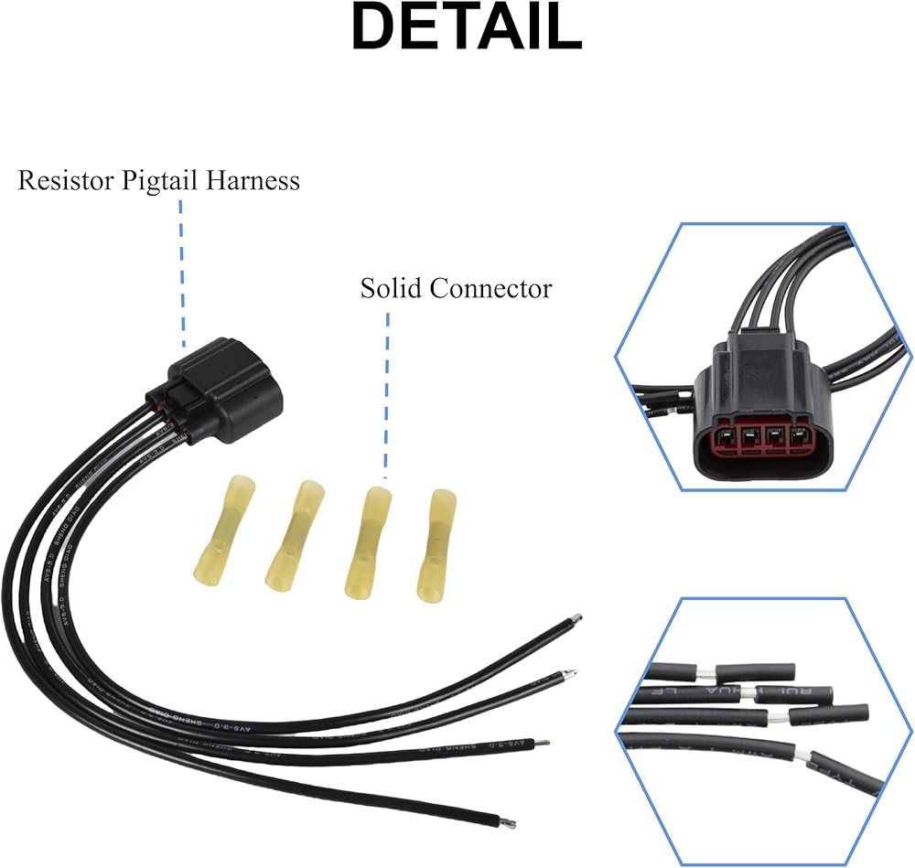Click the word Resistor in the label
(66, 181)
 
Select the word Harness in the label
(253, 180)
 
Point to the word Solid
(392, 289)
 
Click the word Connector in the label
(490, 289)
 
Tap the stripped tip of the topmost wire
(576, 619)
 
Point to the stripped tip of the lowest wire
(507, 820)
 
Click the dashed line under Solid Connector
(386, 393)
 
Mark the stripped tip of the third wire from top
(544, 744)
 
